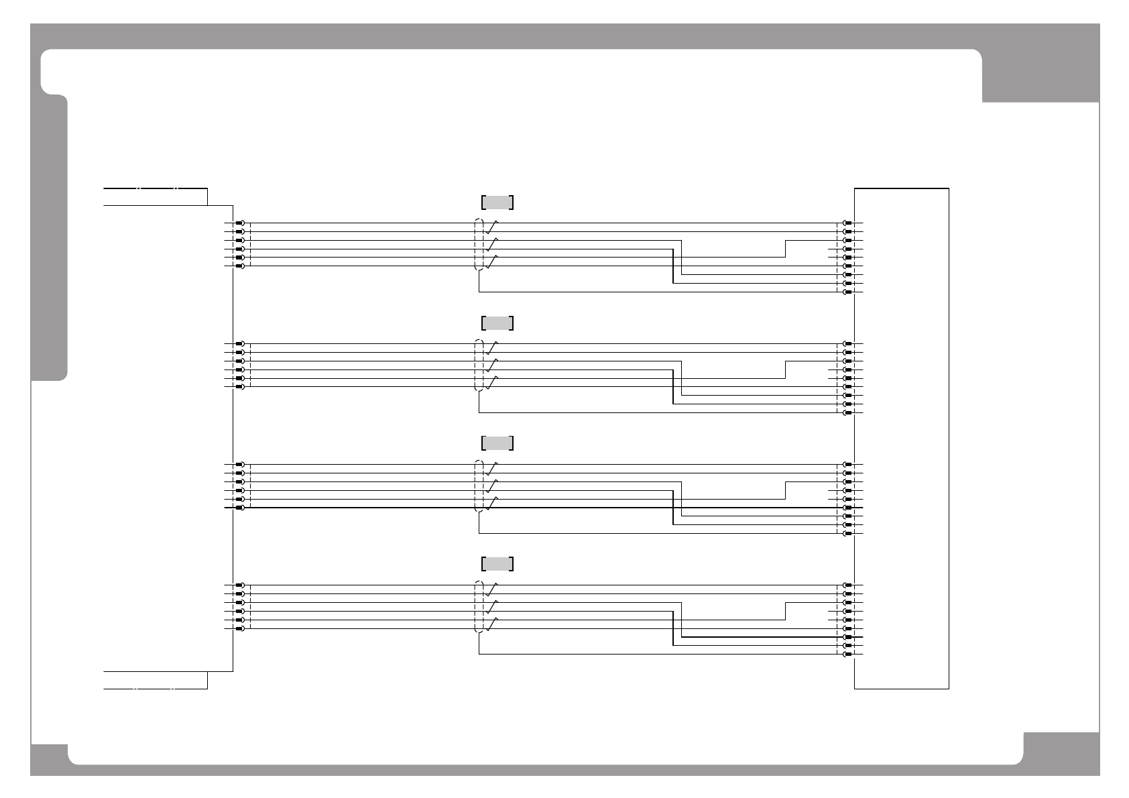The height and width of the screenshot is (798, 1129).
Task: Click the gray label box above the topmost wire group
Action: coord(497,203)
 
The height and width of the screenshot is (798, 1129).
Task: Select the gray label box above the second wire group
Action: coord(497,323)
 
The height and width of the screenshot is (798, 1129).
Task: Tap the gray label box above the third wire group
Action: coord(497,443)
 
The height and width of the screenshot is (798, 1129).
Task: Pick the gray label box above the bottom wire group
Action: coord(497,564)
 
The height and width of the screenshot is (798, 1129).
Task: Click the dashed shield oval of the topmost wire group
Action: coord(479,245)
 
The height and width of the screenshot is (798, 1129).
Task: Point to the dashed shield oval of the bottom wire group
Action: coord(479,607)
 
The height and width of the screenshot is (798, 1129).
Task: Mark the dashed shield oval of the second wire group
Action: coord(479,365)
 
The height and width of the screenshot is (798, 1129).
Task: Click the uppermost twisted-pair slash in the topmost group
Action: coord(493,227)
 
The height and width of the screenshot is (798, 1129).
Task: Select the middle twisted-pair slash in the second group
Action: coord(493,365)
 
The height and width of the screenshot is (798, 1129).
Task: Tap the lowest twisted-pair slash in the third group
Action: coord(493,504)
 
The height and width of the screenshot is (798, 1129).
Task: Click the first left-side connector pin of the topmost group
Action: coord(239,223)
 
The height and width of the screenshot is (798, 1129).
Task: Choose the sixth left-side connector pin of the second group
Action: coord(239,387)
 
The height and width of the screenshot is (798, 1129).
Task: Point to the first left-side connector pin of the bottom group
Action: coord(239,585)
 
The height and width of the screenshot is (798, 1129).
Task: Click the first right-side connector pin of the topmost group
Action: coord(848,223)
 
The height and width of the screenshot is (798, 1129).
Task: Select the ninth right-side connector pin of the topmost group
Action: coord(848,292)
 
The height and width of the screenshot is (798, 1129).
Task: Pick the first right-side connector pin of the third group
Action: coord(848,465)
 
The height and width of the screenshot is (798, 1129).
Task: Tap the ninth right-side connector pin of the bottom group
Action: coord(848,654)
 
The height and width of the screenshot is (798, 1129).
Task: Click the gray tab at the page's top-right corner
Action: coord(1041,74)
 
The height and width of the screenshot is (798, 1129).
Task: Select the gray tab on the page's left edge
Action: coord(49,238)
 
